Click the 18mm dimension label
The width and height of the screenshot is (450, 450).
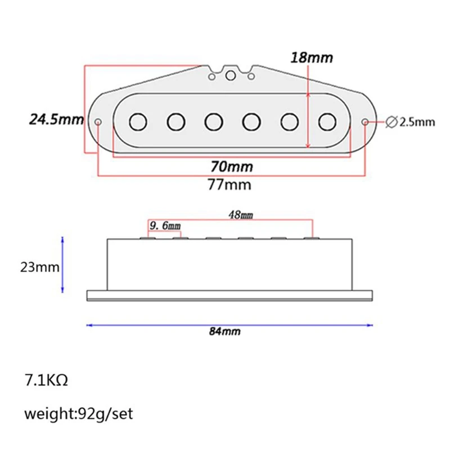coord(312,57)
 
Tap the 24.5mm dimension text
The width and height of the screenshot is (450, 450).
coord(57,119)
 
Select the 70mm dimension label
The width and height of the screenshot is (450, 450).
coord(232,166)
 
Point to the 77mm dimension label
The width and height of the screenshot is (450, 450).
coord(229,184)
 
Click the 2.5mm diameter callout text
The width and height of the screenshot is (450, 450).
coord(417,122)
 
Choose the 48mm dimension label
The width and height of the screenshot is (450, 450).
coord(241,215)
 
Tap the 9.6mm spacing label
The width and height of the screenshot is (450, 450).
coord(165,226)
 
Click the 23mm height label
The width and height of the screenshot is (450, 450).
coord(39,267)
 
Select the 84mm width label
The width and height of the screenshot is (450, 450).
coord(224,331)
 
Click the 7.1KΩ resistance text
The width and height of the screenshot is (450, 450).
coord(46,380)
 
